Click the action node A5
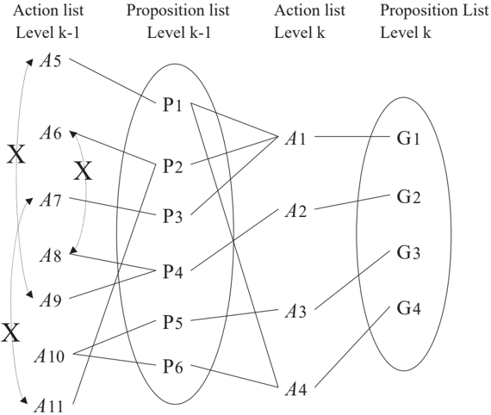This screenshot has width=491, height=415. [51, 61]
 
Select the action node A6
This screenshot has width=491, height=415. [51, 133]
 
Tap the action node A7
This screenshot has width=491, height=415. [51, 201]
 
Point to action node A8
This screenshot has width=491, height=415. [51, 256]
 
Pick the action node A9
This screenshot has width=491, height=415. [51, 300]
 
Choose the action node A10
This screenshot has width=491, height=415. [49, 356]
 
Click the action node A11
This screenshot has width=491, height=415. [49, 406]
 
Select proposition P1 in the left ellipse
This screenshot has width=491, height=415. [172, 105]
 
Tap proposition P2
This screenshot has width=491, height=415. [172, 166]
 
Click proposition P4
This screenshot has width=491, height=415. [172, 271]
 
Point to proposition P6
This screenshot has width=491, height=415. [172, 367]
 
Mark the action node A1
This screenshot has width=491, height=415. [295, 139]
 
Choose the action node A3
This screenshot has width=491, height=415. [295, 312]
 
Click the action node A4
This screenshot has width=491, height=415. [295, 390]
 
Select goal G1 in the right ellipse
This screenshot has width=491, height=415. [408, 139]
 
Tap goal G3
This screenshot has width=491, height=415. [408, 252]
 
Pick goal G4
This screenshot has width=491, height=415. [408, 307]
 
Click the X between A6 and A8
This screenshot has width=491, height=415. [83, 171]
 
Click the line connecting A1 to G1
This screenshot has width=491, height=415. [352, 136]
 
